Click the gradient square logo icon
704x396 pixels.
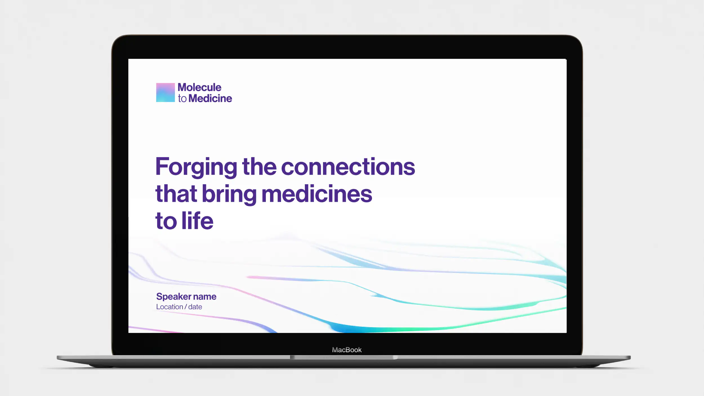coord(165,92)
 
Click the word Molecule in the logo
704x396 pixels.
coord(199,87)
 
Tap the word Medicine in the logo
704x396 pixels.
coord(210,98)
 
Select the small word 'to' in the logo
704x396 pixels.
coord(182,99)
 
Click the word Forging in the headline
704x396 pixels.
coord(196,167)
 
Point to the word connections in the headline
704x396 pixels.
coord(348,167)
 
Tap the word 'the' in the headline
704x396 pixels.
coord(259,166)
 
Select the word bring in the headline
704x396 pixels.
coord(229,194)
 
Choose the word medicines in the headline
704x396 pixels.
coord(317,193)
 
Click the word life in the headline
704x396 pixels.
coord(197,220)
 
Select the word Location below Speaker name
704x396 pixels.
coord(170,307)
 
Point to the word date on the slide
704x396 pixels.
coord(195,307)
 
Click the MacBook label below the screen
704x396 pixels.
coord(347,350)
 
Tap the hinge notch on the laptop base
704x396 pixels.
coord(344,357)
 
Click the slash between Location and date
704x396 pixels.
coord(186,307)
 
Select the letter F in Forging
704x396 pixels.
coord(162,166)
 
